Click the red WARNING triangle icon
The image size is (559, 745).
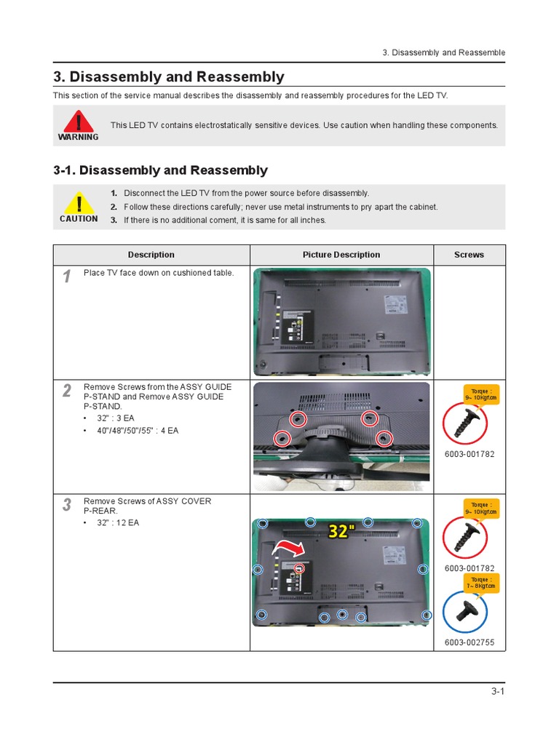(x=78, y=120)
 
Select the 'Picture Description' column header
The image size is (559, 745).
(x=341, y=255)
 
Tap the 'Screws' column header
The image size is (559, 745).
(x=469, y=255)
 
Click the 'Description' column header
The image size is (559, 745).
(x=151, y=255)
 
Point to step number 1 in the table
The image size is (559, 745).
(x=67, y=276)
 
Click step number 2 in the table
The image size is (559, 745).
(x=67, y=391)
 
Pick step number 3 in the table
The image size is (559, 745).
(x=67, y=505)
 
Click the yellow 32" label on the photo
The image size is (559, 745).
(x=338, y=532)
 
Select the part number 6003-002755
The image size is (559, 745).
(x=469, y=643)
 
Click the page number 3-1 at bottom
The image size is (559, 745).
(x=497, y=692)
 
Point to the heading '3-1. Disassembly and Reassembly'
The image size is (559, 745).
(x=160, y=170)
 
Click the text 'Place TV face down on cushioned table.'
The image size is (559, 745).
(x=159, y=273)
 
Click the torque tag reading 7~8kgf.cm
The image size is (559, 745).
(x=480, y=582)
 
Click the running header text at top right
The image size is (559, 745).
(x=443, y=52)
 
